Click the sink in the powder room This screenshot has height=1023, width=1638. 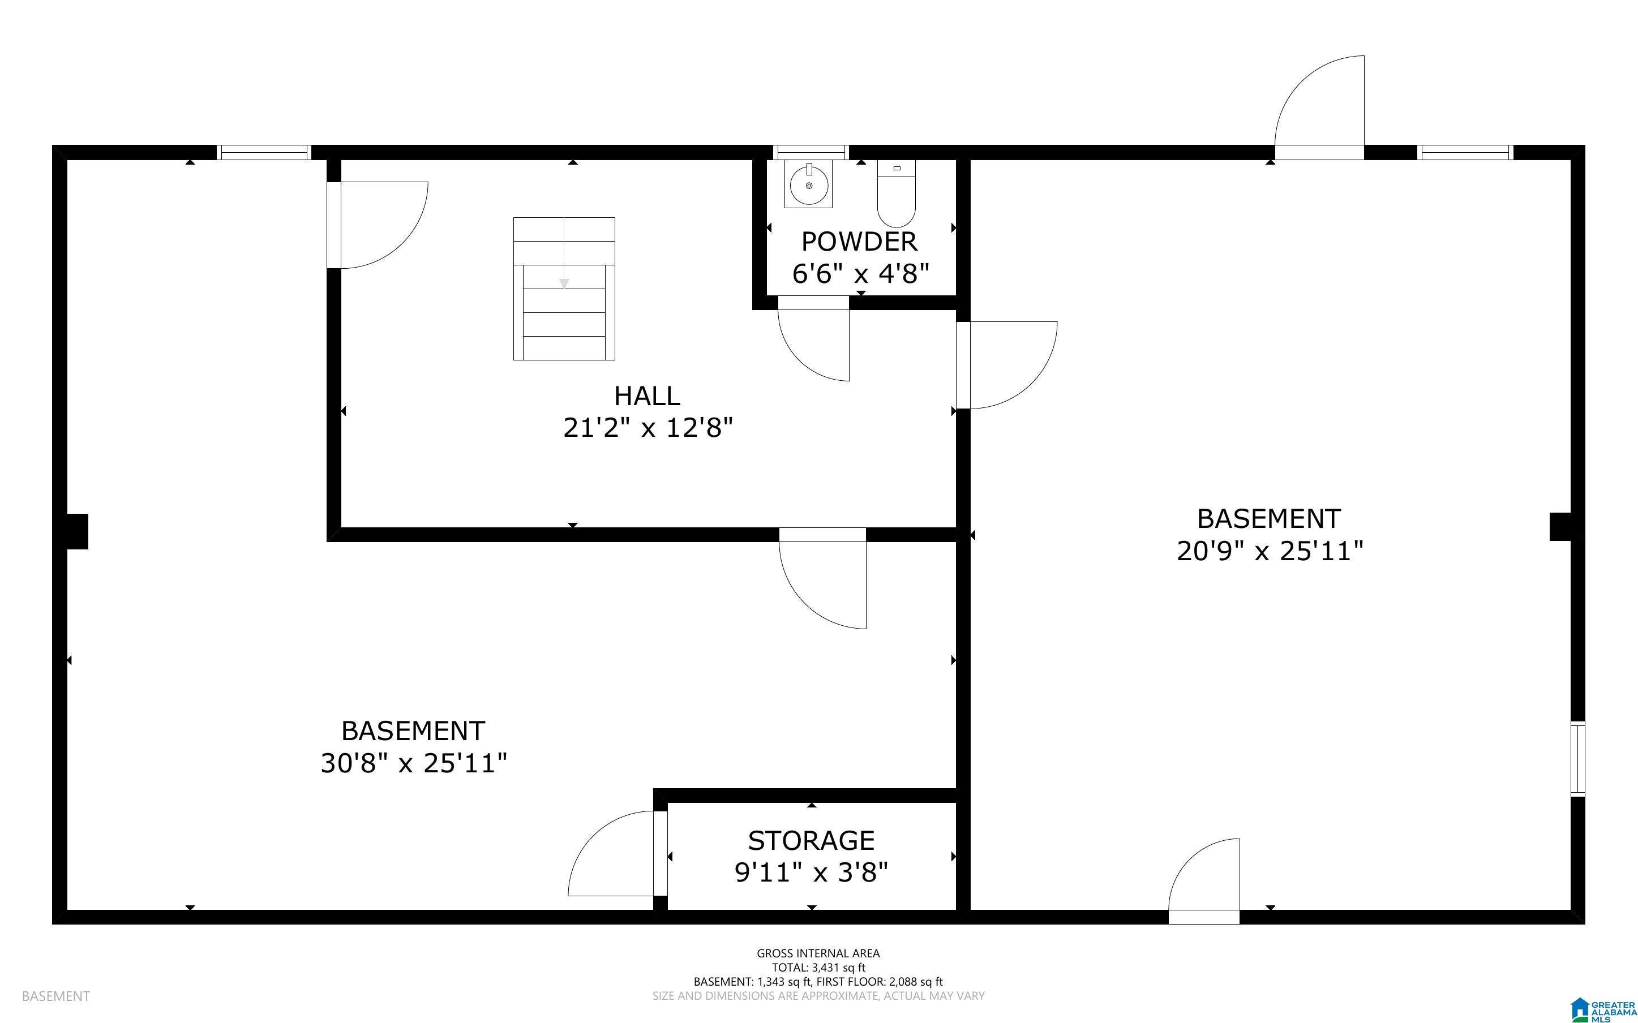click(x=808, y=184)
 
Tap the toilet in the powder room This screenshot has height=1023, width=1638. click(x=897, y=194)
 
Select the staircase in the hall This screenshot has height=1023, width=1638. click(x=564, y=288)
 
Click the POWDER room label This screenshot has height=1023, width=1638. click(x=859, y=242)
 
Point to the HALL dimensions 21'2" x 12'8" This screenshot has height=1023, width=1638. click(x=648, y=428)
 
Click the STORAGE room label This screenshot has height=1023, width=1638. click(x=811, y=840)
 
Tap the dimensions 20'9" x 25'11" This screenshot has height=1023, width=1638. click(x=1270, y=551)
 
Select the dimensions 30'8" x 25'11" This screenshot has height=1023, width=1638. click(x=413, y=763)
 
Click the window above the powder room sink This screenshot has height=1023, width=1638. click(x=811, y=152)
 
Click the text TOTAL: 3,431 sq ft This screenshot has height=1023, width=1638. click(x=818, y=968)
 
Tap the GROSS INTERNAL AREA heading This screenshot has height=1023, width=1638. click(x=818, y=953)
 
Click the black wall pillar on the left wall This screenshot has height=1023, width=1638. click(x=77, y=531)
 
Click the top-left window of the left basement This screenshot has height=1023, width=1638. click(x=263, y=152)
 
